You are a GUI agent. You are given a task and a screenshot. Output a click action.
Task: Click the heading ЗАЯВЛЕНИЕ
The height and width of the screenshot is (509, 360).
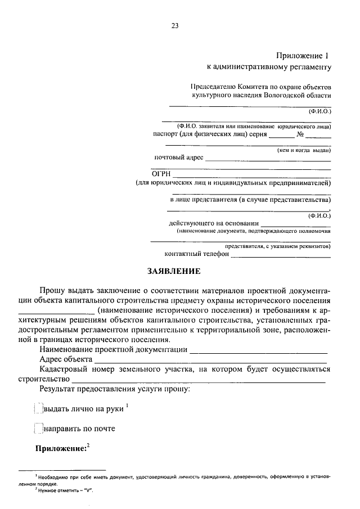click(174, 271)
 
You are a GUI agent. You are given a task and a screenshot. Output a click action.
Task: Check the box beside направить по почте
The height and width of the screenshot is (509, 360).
click(38, 429)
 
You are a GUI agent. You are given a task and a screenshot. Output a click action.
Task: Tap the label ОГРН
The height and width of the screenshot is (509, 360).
click(161, 173)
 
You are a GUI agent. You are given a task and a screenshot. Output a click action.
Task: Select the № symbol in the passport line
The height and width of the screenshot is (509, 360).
click(300, 135)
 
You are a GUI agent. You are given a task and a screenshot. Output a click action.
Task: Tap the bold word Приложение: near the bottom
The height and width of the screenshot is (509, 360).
click(61, 448)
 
